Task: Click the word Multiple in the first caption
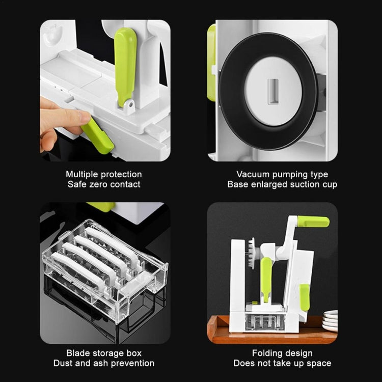[84, 175]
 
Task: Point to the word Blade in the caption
[77, 353]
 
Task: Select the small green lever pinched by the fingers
[97, 136]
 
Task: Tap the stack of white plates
[330, 320]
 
